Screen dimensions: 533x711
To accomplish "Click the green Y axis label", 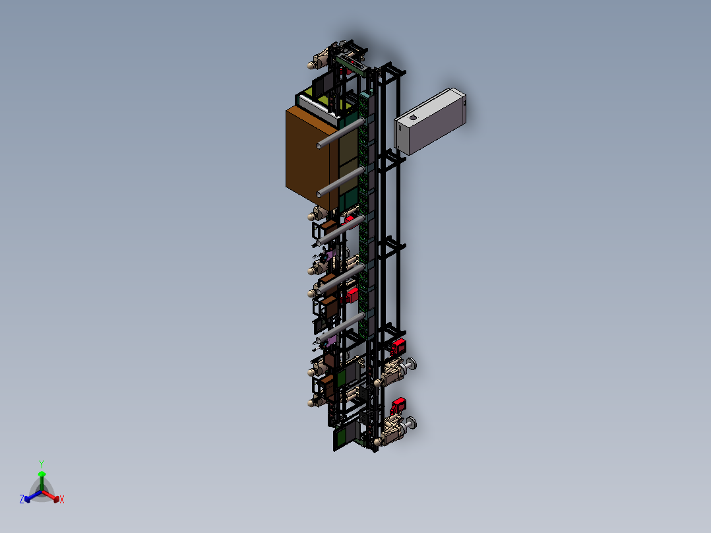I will coord(41,464).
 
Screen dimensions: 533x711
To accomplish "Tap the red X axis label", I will coord(62,500).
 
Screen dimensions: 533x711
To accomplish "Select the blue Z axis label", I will coord(21,500).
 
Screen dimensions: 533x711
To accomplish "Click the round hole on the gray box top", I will coord(413,118).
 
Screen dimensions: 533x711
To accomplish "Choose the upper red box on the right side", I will coord(400,345).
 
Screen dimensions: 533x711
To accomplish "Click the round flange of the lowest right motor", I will coord(412,423).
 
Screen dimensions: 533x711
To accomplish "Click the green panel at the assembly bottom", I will coord(342,437).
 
